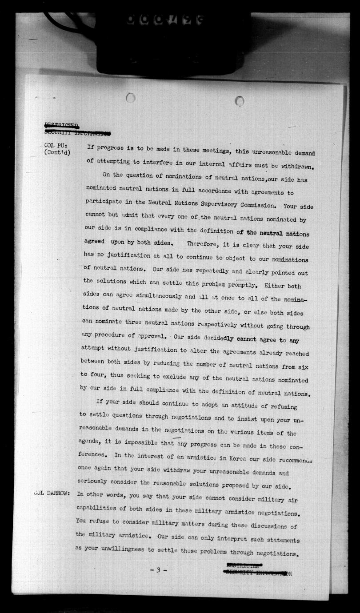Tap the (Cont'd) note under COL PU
coord(57,153)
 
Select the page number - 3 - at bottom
coord(158,570)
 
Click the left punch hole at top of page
coord(131,98)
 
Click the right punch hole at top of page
coord(240,101)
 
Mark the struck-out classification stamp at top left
coord(76,129)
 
